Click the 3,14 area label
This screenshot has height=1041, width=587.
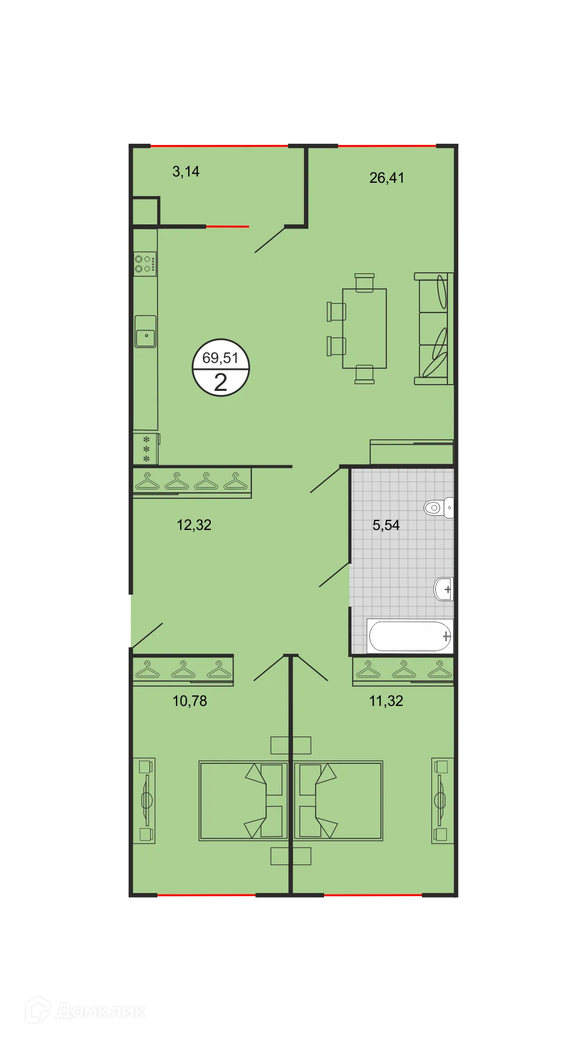(x=186, y=172)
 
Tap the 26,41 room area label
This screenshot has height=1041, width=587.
(x=387, y=178)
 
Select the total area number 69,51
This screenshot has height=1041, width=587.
(x=220, y=358)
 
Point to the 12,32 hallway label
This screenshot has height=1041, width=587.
(x=194, y=525)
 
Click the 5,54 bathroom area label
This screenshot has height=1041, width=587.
(x=386, y=525)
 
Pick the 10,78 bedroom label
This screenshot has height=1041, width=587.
(x=190, y=701)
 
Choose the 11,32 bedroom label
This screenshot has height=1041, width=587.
(x=386, y=701)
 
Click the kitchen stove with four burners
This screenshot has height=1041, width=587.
(x=145, y=264)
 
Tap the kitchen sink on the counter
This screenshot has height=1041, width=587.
(x=145, y=332)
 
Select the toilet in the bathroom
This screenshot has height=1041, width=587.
(x=438, y=507)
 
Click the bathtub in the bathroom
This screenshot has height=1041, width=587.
(x=410, y=636)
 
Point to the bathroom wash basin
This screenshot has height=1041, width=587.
(x=444, y=588)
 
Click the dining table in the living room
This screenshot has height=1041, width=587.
(x=364, y=328)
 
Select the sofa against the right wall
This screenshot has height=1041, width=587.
(x=434, y=328)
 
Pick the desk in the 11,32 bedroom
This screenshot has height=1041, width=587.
(x=442, y=800)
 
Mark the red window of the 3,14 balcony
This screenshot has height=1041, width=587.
(x=219, y=145)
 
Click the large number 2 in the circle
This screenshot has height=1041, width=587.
(x=220, y=382)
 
